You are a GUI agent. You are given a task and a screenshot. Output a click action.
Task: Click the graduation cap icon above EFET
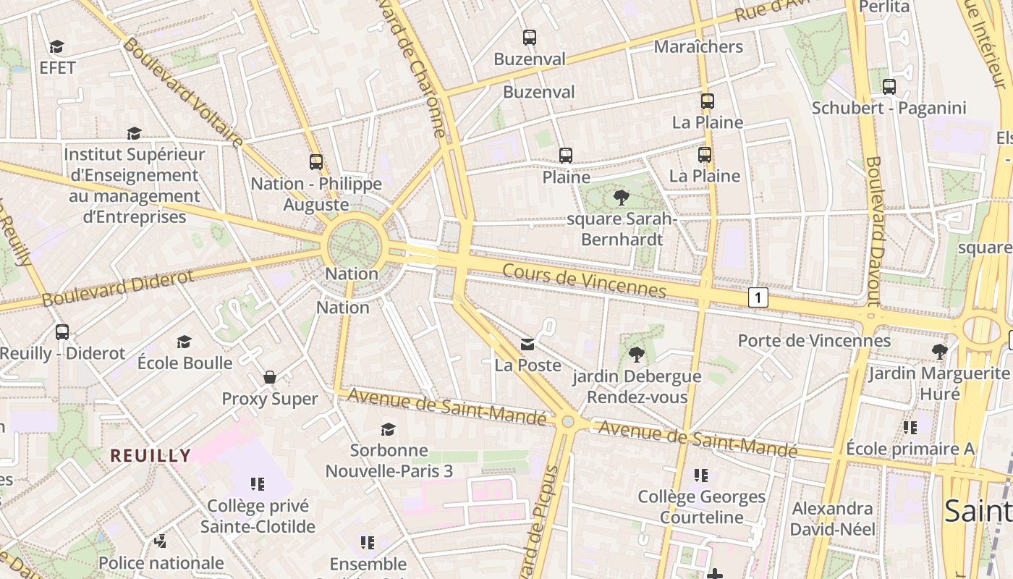tap(56, 47)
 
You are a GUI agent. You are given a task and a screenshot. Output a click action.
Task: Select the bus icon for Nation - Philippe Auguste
tap(316, 162)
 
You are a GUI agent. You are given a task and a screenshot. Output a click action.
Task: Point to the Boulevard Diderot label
tap(118, 288)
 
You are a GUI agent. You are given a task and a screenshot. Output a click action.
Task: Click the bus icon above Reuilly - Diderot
tap(62, 332)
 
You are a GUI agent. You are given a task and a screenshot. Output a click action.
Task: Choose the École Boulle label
tap(185, 363)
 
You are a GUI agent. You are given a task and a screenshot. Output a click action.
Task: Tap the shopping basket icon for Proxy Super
tap(270, 377)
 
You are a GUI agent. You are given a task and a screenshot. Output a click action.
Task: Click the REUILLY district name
tap(151, 455)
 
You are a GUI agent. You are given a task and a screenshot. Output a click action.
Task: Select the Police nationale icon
tap(161, 541)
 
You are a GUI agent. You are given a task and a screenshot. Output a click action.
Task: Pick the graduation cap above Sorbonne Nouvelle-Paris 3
tap(389, 429)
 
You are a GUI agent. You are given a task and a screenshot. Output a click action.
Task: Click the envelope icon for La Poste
tap(528, 344)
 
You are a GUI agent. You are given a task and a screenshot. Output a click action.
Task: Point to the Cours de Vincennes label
tap(584, 280)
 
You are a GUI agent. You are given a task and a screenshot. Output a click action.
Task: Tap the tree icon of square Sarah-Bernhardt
tap(621, 197)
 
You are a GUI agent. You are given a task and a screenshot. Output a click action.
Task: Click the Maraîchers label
tap(698, 46)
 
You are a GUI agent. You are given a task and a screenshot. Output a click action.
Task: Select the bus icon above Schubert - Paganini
tap(889, 87)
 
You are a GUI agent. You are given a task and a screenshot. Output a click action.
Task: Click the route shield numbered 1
tap(758, 297)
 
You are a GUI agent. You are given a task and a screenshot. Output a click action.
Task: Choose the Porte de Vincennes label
tap(814, 340)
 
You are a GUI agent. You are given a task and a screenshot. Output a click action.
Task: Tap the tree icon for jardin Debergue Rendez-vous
tap(637, 355)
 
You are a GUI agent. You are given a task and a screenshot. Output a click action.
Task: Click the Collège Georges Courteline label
tap(701, 507)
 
